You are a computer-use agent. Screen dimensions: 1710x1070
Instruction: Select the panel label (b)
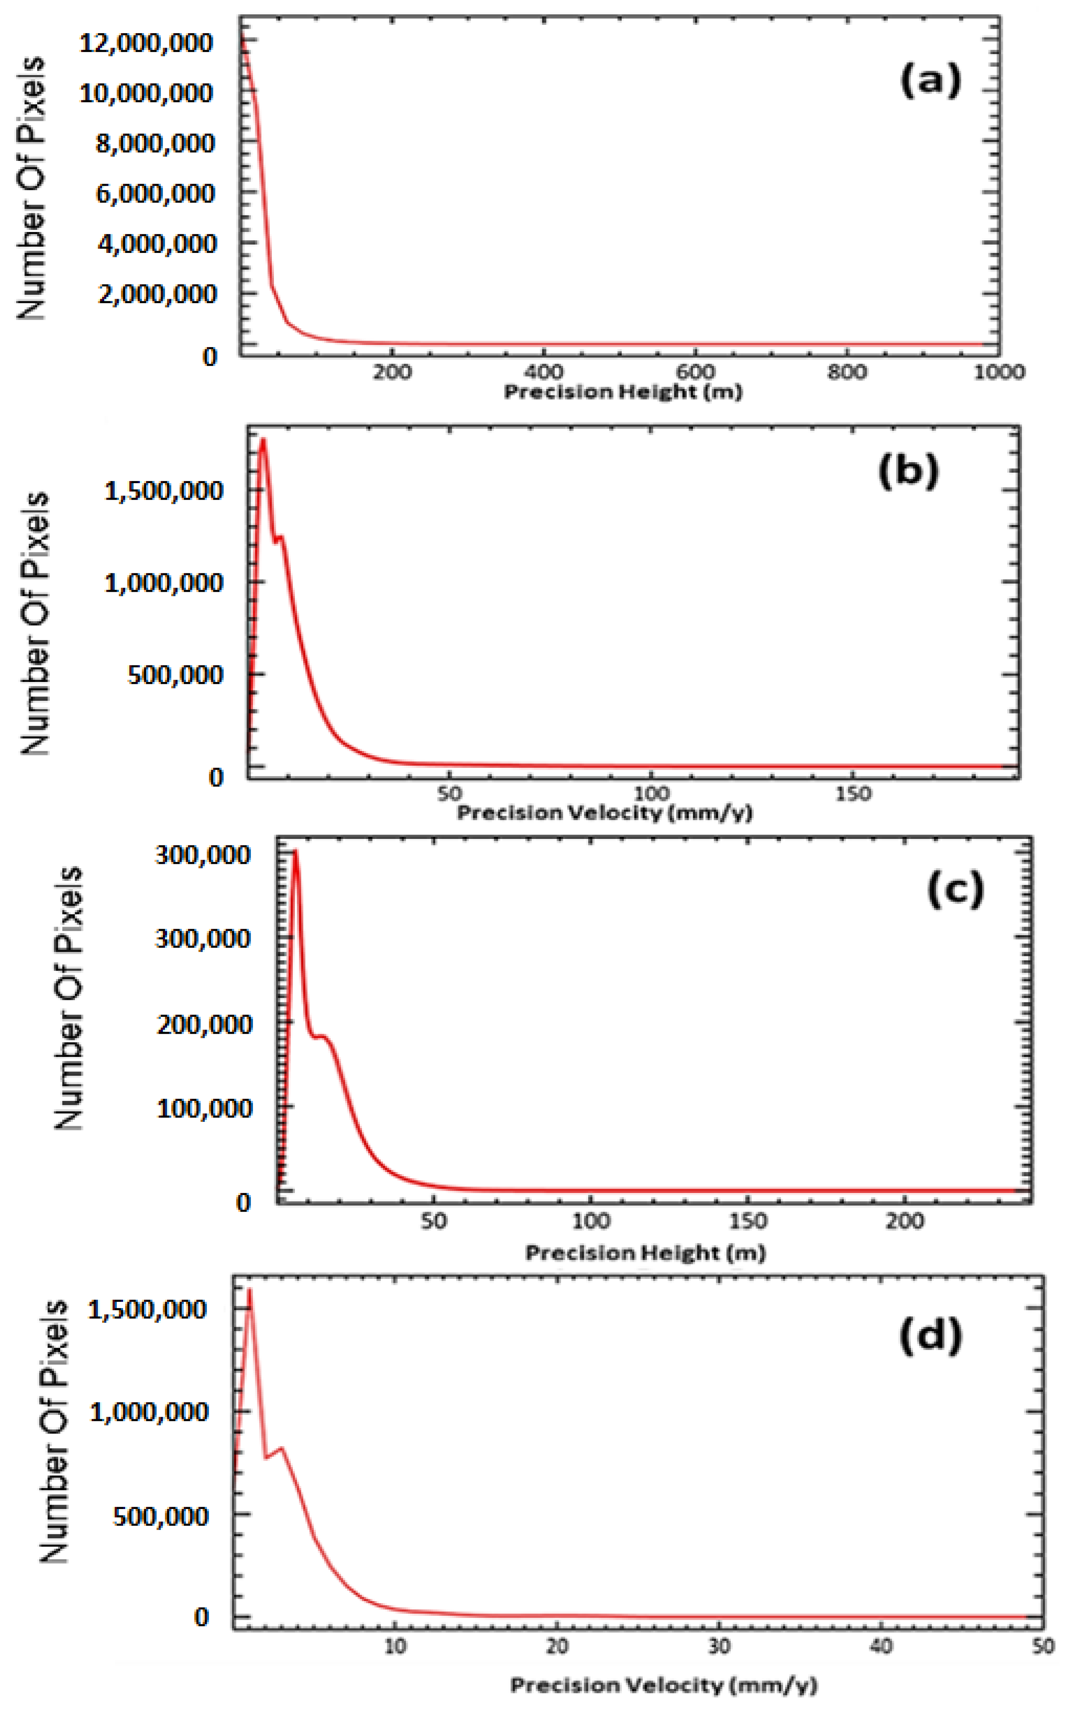pyautogui.click(x=909, y=471)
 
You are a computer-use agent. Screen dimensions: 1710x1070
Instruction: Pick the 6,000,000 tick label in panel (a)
pyautogui.click(x=155, y=193)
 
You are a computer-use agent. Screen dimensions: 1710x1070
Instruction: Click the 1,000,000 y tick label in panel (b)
pyautogui.click(x=164, y=583)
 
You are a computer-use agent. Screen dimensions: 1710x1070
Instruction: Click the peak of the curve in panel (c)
pyautogui.click(x=296, y=851)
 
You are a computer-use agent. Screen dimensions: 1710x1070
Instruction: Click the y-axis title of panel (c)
pyautogui.click(x=69, y=998)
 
